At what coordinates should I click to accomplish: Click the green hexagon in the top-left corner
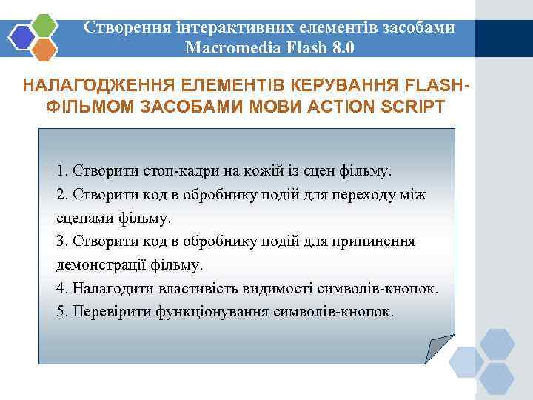45,25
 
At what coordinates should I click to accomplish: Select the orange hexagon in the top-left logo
45,49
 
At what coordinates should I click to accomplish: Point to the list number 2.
61,194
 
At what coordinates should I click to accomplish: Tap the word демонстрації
97,264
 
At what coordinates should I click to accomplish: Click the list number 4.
61,287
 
